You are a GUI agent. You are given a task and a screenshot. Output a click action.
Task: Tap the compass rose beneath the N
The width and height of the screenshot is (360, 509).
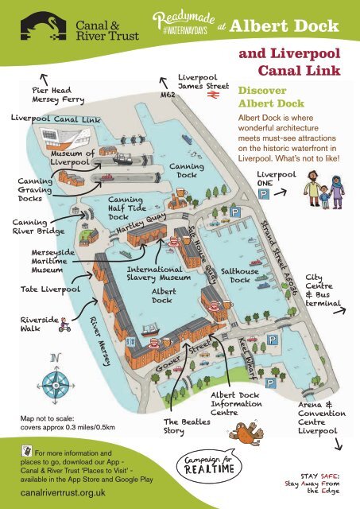click(x=53, y=380)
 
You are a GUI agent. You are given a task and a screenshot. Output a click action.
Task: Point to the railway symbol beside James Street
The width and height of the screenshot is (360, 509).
click(x=214, y=95)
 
